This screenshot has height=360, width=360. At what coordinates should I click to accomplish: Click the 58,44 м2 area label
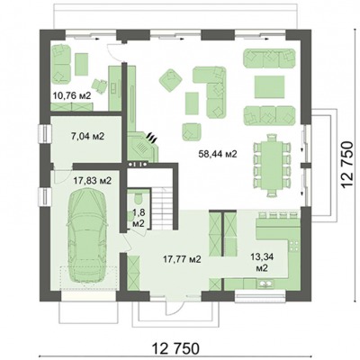point(218,154)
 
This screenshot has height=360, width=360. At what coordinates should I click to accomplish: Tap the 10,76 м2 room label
point(72,95)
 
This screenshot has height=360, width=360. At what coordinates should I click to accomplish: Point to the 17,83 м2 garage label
point(93,181)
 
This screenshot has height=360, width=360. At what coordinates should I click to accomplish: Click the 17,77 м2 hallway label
point(182,259)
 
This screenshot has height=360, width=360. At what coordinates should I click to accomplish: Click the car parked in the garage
point(87,236)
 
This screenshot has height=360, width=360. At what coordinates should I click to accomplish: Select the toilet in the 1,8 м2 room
point(139,198)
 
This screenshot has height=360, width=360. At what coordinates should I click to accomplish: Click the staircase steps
point(162,209)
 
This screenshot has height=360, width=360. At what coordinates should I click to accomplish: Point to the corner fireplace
point(142,147)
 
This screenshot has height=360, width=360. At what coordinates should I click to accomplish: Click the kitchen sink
point(265,283)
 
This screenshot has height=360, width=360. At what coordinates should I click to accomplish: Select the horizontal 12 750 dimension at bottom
point(175,349)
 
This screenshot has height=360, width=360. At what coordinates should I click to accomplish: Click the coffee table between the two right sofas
point(270,86)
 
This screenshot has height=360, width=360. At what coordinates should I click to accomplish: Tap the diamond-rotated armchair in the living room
point(170,80)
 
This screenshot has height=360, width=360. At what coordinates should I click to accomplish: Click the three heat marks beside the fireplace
point(151,138)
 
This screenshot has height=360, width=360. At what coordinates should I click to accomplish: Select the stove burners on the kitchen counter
point(294,246)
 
